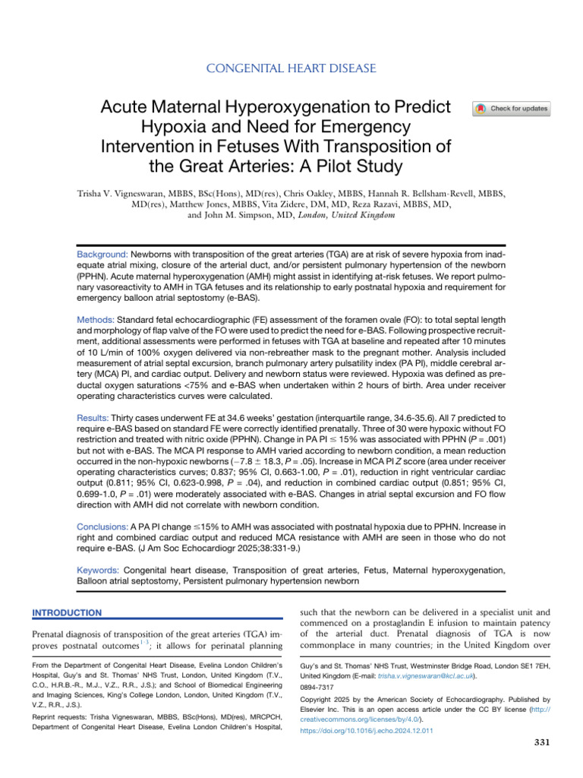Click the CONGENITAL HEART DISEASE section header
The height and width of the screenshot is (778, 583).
click(291, 69)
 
